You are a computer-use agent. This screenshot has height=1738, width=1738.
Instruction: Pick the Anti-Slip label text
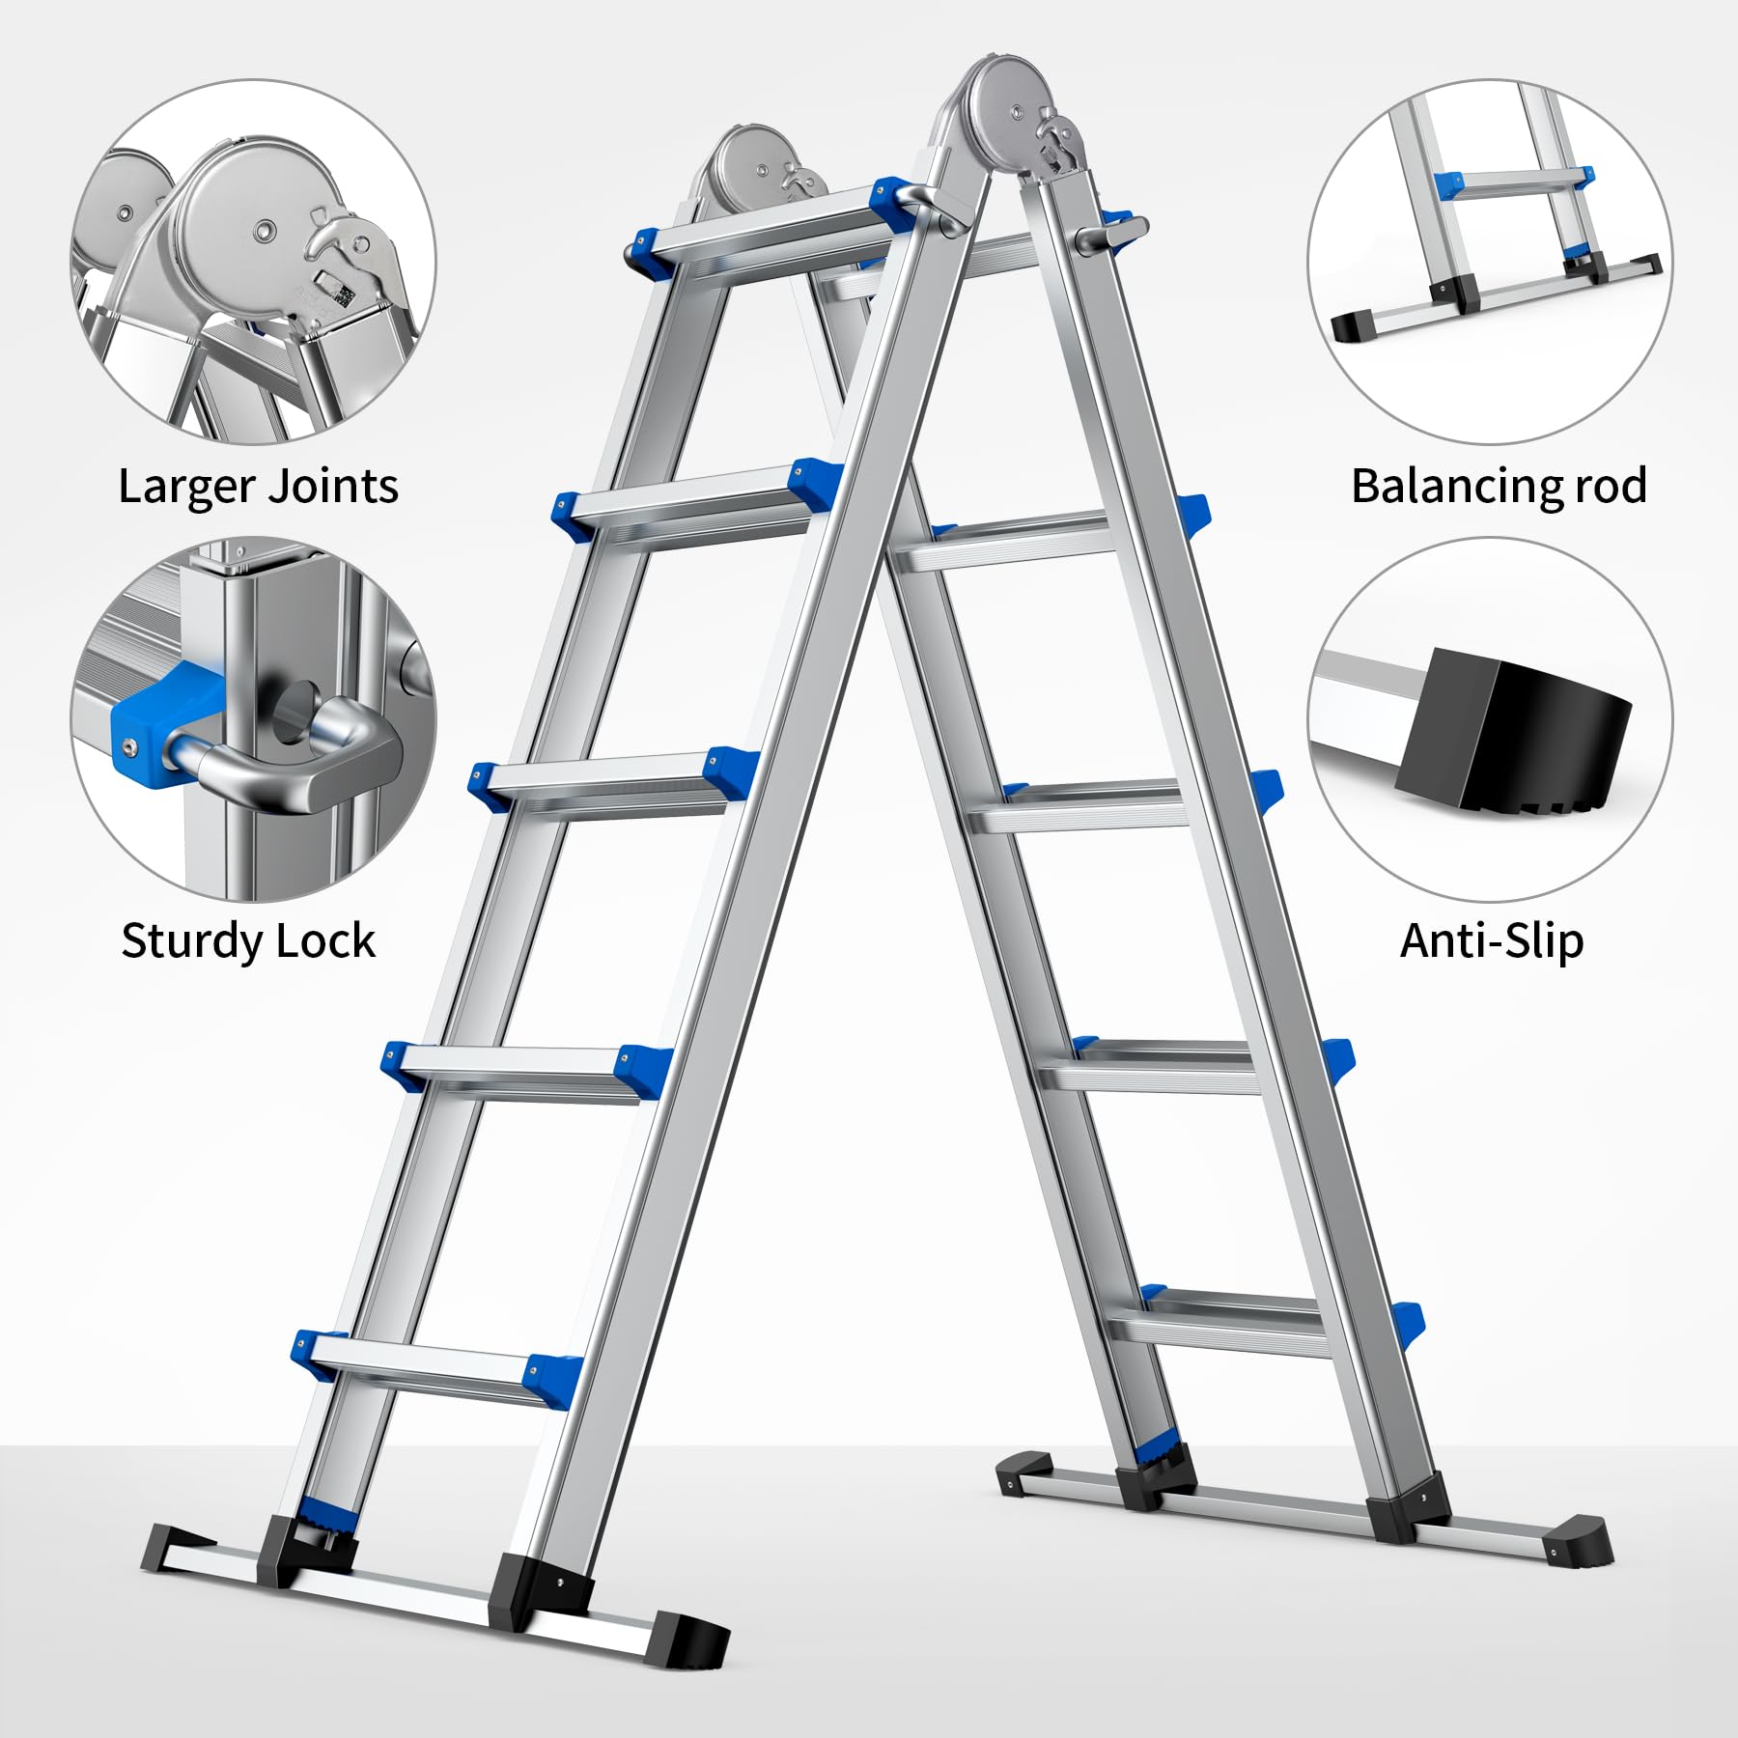tap(1492, 941)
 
